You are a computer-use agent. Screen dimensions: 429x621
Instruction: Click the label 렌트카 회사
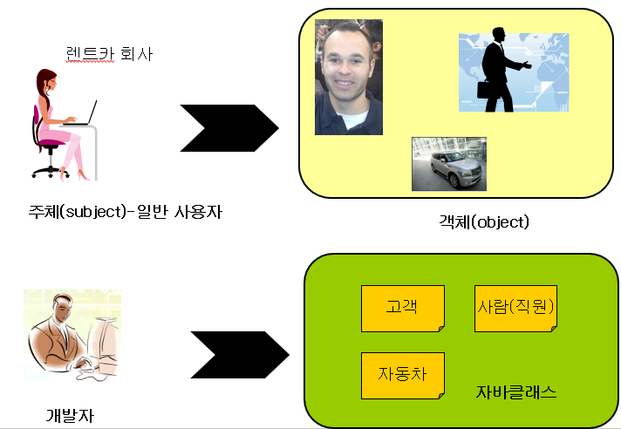click(x=109, y=54)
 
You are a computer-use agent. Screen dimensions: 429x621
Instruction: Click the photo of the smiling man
click(x=349, y=78)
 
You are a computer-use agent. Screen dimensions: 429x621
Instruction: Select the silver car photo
click(x=448, y=164)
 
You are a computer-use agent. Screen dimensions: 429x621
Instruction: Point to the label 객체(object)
click(x=484, y=221)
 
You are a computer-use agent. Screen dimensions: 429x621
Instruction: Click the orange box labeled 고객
click(x=402, y=308)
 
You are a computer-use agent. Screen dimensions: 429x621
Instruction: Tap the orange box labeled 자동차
click(x=402, y=375)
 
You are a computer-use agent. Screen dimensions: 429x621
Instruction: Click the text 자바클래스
click(x=516, y=392)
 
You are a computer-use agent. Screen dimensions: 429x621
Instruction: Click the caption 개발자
click(x=69, y=415)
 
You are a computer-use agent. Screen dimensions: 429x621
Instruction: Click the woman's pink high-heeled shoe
click(x=84, y=175)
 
